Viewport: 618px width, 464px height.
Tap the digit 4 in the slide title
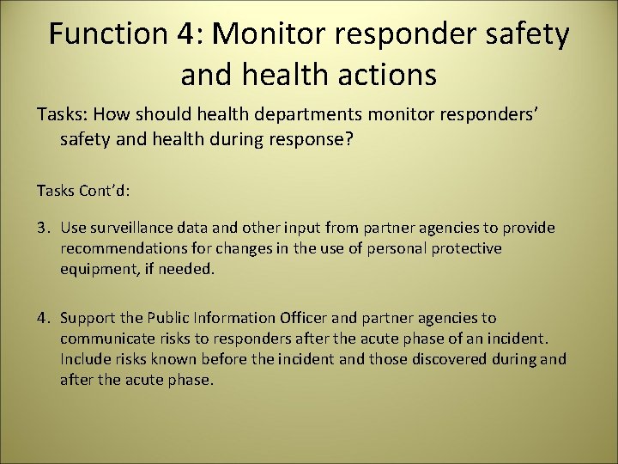point(186,34)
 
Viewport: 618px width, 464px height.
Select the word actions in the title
point(384,75)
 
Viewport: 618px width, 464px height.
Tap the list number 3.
point(42,229)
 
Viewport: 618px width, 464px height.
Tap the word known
point(182,358)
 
